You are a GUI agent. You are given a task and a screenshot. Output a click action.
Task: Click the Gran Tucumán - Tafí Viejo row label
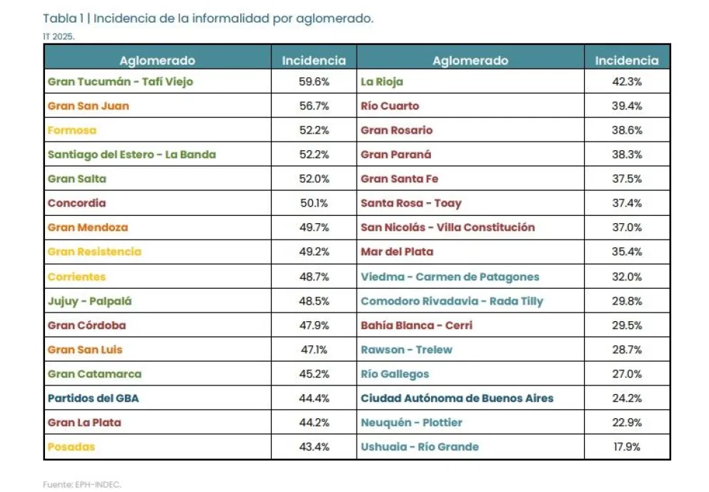pyautogui.click(x=120, y=82)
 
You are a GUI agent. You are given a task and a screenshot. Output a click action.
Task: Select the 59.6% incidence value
pyautogui.click(x=314, y=82)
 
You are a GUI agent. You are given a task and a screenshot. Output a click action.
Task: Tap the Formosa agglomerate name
pyautogui.click(x=71, y=130)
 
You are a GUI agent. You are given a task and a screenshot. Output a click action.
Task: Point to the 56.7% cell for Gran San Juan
pyautogui.click(x=314, y=106)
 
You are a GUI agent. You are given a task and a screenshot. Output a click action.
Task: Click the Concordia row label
pyautogui.click(x=76, y=203)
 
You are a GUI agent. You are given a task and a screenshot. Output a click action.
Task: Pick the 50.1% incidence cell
pyautogui.click(x=314, y=203)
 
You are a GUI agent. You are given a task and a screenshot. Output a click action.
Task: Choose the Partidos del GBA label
pyautogui.click(x=93, y=398)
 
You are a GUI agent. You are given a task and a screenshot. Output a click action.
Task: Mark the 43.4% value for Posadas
pyautogui.click(x=314, y=447)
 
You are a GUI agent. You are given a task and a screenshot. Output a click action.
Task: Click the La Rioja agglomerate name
pyautogui.click(x=382, y=82)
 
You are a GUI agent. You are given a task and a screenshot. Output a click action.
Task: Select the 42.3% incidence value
pyautogui.click(x=627, y=82)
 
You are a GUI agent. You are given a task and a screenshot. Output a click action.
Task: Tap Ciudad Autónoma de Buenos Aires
pyautogui.click(x=457, y=398)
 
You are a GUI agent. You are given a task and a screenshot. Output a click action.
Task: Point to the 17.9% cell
pyautogui.click(x=627, y=447)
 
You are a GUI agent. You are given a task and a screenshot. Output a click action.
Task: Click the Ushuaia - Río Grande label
pyautogui.click(x=420, y=447)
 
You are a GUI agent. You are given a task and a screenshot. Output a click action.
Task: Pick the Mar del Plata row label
pyautogui.click(x=397, y=252)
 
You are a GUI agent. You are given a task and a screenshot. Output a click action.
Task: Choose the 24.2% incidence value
pyautogui.click(x=627, y=398)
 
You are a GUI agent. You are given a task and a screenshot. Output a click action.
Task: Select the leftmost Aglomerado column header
pyautogui.click(x=157, y=61)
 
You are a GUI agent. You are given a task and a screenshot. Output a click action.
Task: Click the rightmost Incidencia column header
pyautogui.click(x=627, y=61)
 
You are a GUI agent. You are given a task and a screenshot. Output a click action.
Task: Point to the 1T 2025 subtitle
pyautogui.click(x=59, y=36)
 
